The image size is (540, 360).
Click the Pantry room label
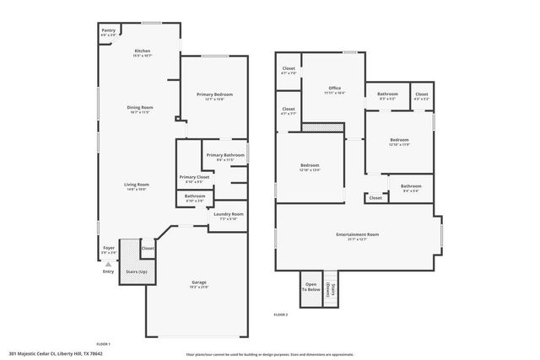(x=109, y=31)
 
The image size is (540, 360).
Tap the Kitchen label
(x=143, y=51)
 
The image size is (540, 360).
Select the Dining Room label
(x=140, y=107)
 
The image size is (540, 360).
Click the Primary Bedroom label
(x=214, y=94)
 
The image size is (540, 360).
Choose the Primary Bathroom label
(x=225, y=155)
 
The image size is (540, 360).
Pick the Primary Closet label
(x=194, y=177)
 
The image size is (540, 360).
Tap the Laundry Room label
(x=228, y=214)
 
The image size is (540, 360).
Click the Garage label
(x=199, y=282)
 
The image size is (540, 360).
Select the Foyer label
(x=109, y=248)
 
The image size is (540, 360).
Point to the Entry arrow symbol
(x=108, y=264)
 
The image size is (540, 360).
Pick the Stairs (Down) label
(x=333, y=288)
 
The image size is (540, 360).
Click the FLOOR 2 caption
(x=281, y=314)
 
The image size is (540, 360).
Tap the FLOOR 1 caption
(x=104, y=344)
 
